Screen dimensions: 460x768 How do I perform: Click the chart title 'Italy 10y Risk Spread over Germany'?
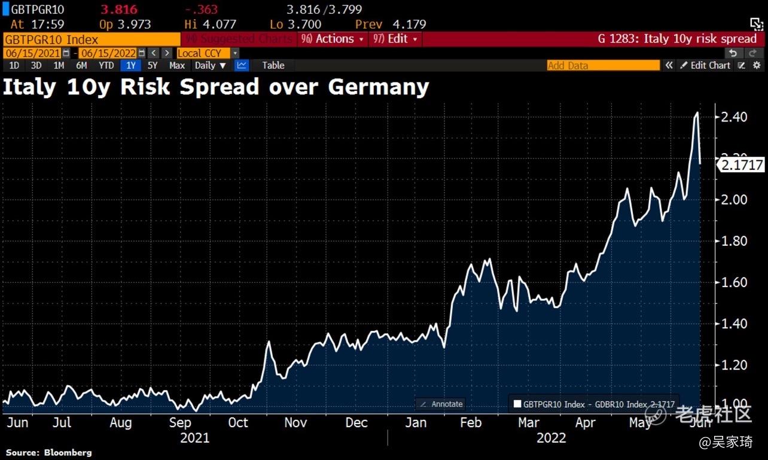(x=216, y=87)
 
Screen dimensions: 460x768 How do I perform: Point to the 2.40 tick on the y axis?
(x=734, y=117)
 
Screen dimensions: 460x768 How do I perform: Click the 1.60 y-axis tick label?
(x=734, y=282)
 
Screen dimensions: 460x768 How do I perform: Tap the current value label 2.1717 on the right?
(x=742, y=165)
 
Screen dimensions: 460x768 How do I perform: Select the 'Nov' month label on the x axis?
(x=295, y=423)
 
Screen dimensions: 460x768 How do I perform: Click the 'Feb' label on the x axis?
(x=470, y=423)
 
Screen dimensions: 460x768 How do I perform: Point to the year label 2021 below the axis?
(x=195, y=438)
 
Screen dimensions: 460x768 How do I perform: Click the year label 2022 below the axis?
(x=551, y=438)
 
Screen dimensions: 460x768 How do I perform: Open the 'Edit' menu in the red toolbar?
(x=397, y=39)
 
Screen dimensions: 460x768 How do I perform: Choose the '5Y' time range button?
(x=153, y=65)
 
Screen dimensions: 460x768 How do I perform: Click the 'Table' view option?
(x=273, y=65)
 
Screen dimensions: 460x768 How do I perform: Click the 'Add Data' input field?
(x=603, y=65)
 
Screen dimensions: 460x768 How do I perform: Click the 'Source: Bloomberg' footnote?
(x=48, y=452)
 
